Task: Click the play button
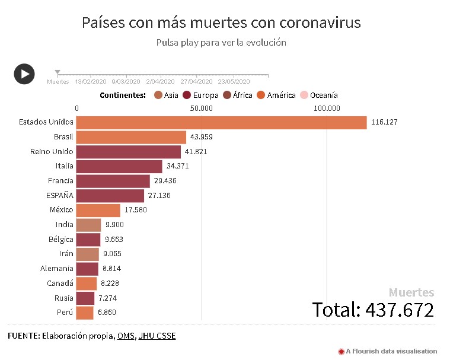pyautogui.click(x=24, y=74)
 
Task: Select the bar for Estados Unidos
pyautogui.click(x=221, y=122)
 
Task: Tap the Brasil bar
pyautogui.click(x=131, y=137)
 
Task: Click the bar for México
pyautogui.click(x=98, y=210)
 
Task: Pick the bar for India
pyautogui.click(x=89, y=225)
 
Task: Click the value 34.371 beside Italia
pyautogui.click(x=177, y=166)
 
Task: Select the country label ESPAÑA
pyautogui.click(x=60, y=195)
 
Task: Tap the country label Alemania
pyautogui.click(x=57, y=269)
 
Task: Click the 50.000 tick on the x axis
pyautogui.click(x=202, y=108)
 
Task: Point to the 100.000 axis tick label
pyautogui.click(x=327, y=108)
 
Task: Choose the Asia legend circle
pyautogui.click(x=158, y=95)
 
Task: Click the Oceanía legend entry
pyautogui.click(x=320, y=95)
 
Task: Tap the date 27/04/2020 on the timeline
pyautogui.click(x=196, y=82)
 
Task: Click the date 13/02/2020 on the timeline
pyautogui.click(x=91, y=82)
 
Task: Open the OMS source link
pyautogui.click(x=125, y=336)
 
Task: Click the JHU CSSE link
pyautogui.click(x=157, y=336)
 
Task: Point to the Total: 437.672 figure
pyautogui.click(x=373, y=310)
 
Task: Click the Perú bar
pyautogui.click(x=85, y=313)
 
